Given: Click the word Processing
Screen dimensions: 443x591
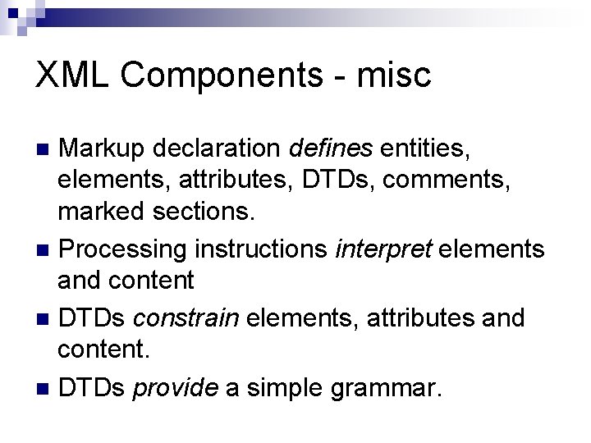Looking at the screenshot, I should click(x=125, y=249).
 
